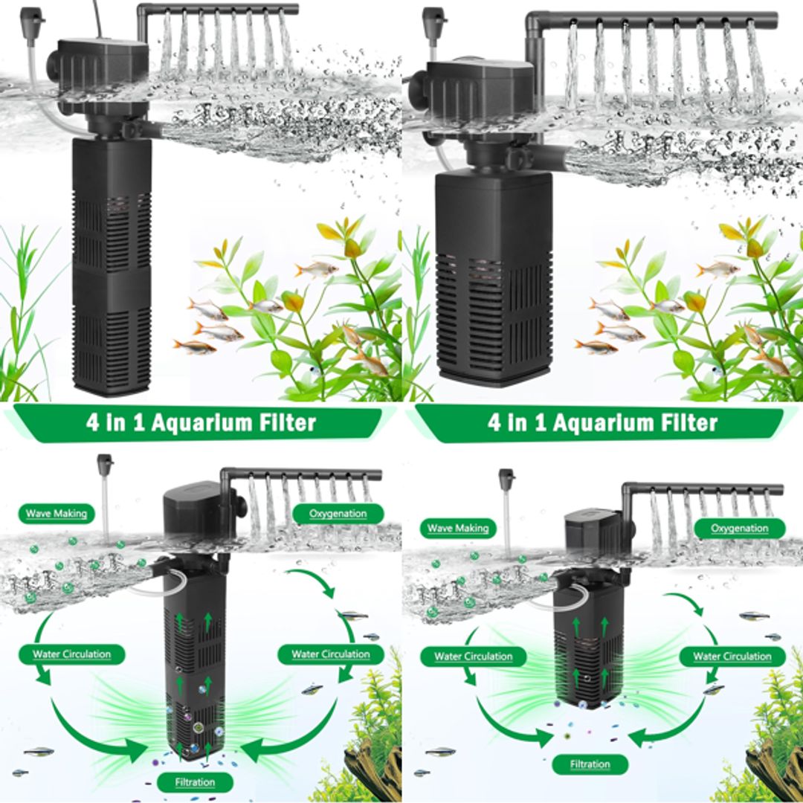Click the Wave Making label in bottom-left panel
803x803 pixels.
click(57, 513)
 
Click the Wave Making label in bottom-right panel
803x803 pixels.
click(458, 529)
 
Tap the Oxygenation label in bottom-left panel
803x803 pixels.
click(338, 513)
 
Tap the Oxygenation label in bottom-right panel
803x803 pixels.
click(739, 529)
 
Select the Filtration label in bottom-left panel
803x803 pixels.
click(195, 782)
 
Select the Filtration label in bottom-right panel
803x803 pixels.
click(590, 764)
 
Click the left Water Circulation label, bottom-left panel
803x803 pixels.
click(71, 654)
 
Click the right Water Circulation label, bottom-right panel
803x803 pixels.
click(732, 657)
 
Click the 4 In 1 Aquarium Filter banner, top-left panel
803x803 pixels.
click(201, 423)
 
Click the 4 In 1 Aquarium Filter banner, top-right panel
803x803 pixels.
click(602, 423)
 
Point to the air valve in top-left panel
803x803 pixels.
click(32, 16)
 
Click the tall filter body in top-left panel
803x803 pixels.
click(112, 268)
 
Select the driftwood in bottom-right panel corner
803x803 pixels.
click(773, 766)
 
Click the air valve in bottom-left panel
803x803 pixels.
click(105, 464)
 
